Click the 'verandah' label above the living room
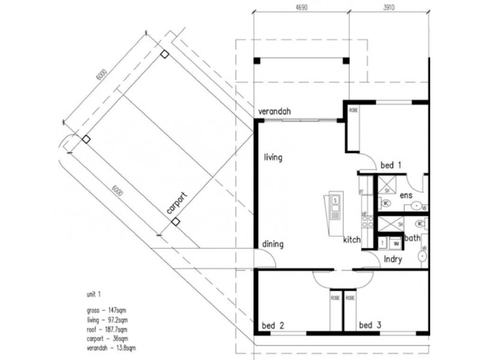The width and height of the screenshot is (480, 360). tap(274, 112)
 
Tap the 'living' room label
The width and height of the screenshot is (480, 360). tap(272, 158)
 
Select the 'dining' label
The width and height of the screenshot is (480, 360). tap(272, 245)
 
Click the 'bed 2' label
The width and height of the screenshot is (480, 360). tap(273, 326)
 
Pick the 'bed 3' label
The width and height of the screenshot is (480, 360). tap(370, 326)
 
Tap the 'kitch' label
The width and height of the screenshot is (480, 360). tap(352, 240)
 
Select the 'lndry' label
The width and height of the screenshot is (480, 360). tap(392, 259)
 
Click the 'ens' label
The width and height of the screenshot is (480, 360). tap(406, 195)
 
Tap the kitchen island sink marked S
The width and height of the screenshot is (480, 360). tap(335, 199)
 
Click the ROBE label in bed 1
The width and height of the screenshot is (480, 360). tap(353, 110)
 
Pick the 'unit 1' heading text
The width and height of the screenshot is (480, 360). tap(95, 295)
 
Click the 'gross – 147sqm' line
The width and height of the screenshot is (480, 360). tap(106, 311)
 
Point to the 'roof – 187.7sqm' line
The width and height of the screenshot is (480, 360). tap(108, 329)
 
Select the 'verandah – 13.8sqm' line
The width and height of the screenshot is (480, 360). tap(112, 347)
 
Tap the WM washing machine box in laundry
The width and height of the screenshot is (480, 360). tap(396, 244)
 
